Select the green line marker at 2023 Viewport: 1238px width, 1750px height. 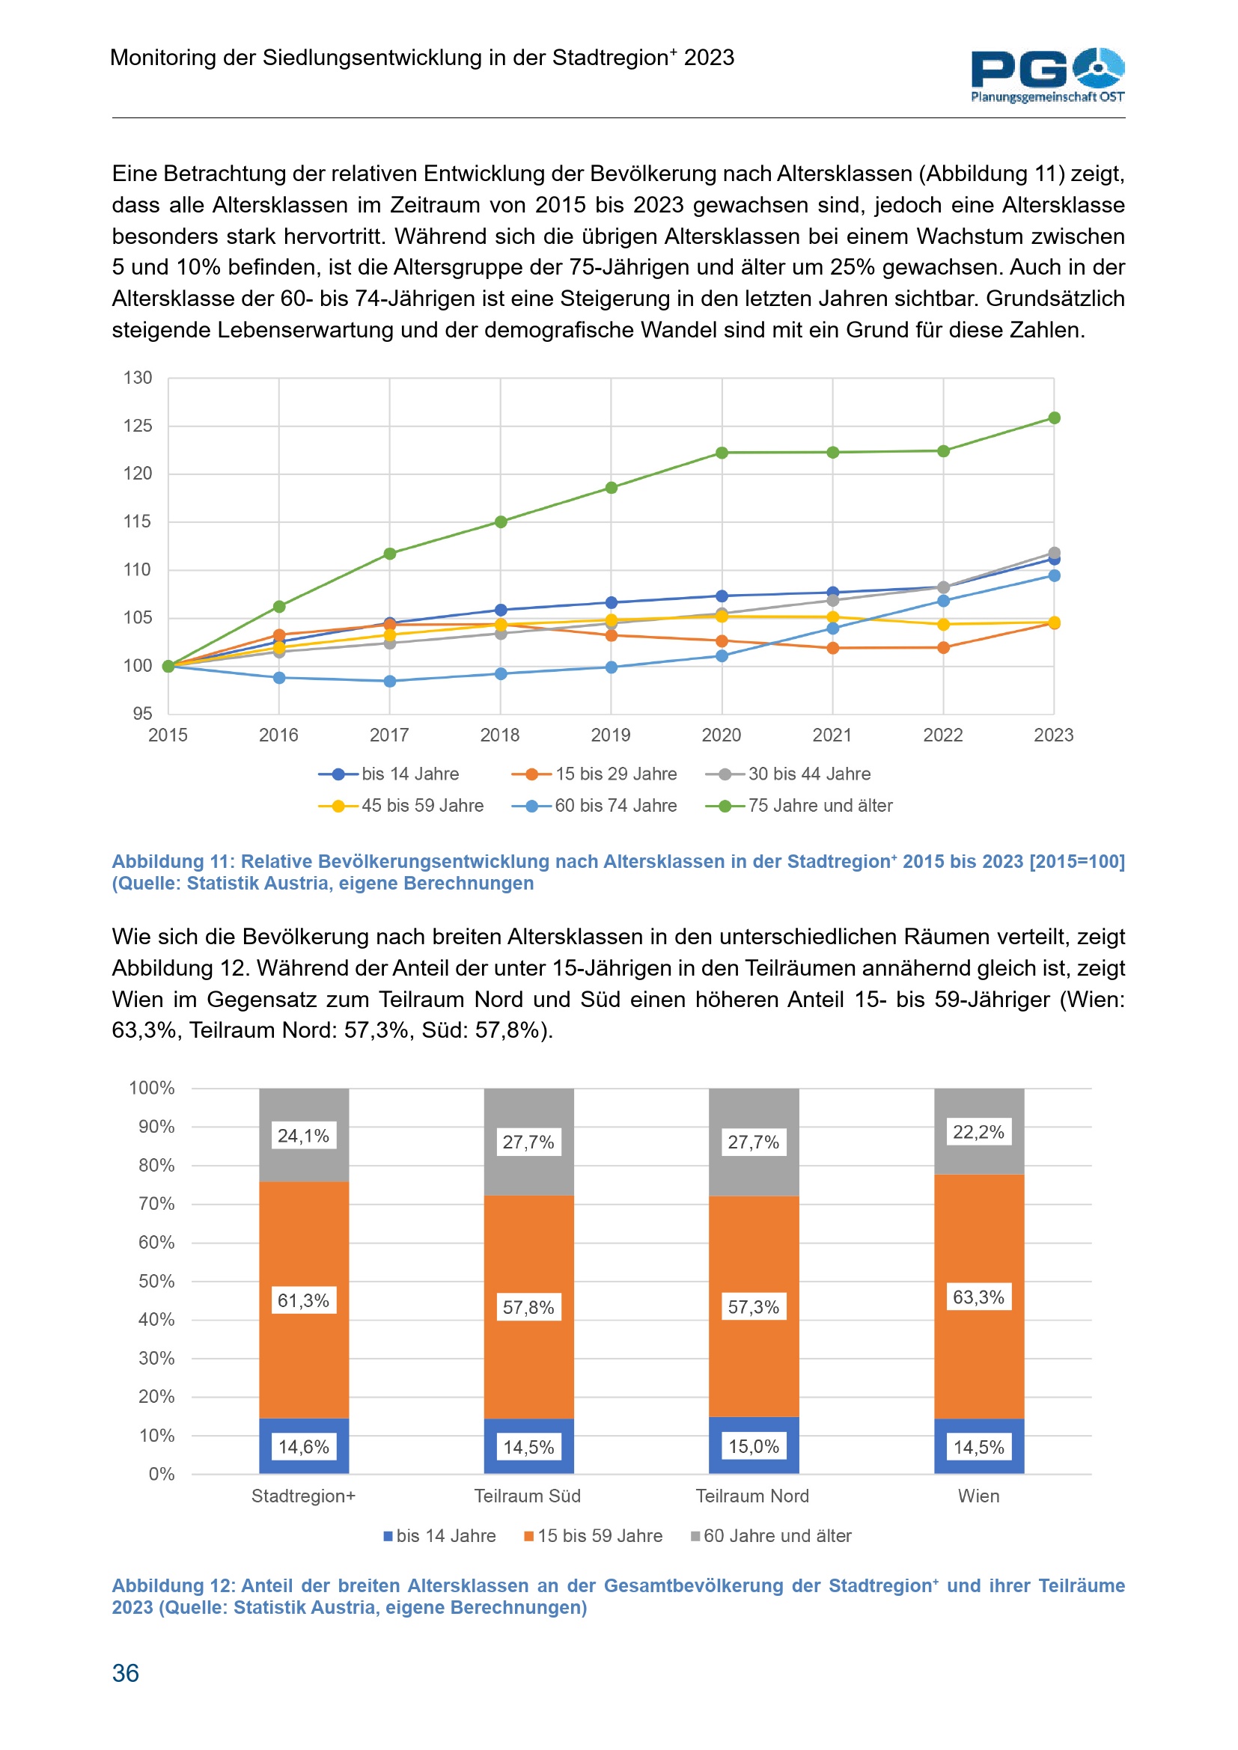coord(1055,417)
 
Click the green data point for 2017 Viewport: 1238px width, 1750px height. coord(389,554)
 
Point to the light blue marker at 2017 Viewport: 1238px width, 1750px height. coord(389,681)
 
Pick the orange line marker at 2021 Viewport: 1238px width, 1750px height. coord(832,648)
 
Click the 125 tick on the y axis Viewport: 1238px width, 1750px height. coord(138,425)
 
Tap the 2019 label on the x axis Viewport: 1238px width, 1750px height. coord(611,735)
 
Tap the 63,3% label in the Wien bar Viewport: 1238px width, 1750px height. coord(979,1297)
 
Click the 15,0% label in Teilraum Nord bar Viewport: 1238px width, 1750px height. coord(754,1446)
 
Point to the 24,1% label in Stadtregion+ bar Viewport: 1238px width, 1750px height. coord(303,1136)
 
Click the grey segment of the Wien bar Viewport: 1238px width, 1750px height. coord(979,1158)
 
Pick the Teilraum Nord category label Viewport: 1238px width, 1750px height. coord(752,1496)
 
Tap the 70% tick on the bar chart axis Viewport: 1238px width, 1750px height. coord(156,1204)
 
